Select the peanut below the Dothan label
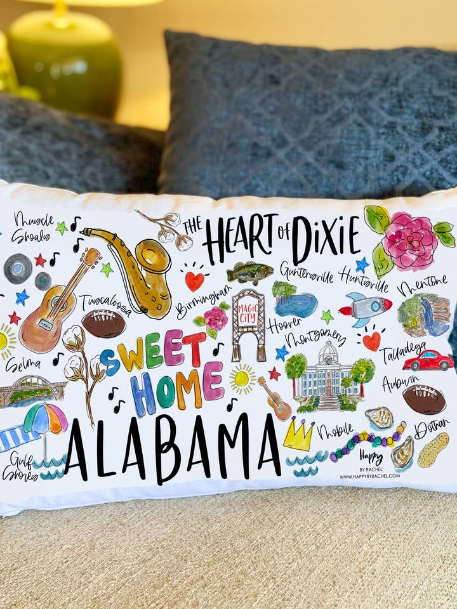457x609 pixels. click(x=433, y=449)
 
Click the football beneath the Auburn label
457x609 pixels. click(x=423, y=400)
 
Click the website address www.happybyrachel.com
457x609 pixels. click(x=370, y=475)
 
